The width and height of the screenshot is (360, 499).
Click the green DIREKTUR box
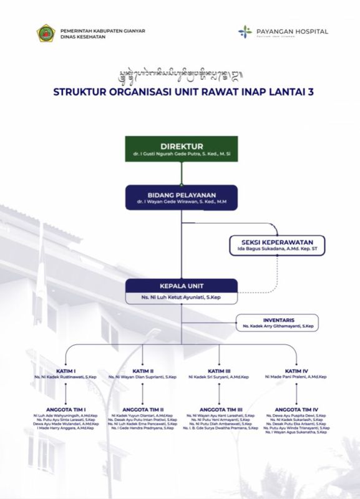[x=181, y=149]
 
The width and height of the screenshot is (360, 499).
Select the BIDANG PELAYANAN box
[x=181, y=197]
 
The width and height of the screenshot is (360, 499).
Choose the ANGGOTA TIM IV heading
[x=296, y=409]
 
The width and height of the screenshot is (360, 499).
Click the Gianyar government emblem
[x=46, y=33]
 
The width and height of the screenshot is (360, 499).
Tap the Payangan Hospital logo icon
[x=245, y=31]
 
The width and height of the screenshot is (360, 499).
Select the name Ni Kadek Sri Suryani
[x=219, y=377]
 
